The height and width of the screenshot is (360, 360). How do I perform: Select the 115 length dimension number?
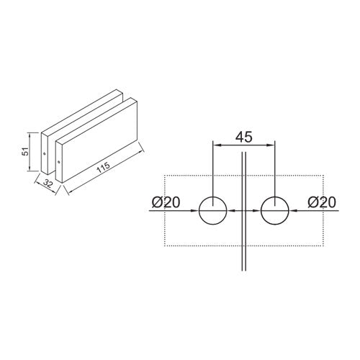click(102, 168)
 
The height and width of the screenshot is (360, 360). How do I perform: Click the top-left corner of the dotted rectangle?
click(165, 176)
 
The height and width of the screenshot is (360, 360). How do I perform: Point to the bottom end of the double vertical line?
click(243, 271)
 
